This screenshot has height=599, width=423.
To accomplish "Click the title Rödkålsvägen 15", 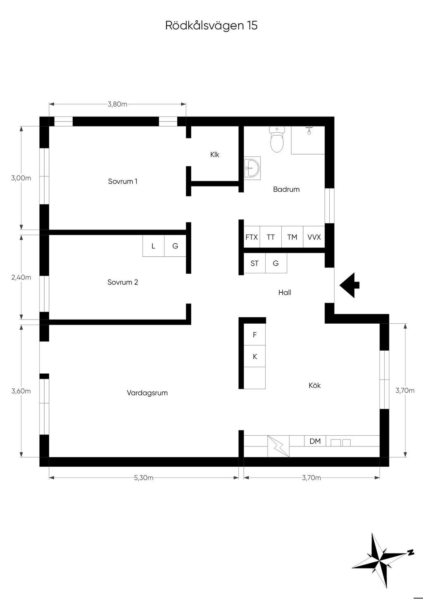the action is [211, 26].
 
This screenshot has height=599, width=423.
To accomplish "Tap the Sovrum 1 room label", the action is [123, 181].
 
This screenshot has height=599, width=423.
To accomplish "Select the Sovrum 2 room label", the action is [123, 282].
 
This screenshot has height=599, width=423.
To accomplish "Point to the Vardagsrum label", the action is [147, 393].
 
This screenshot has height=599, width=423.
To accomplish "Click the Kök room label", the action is [314, 385].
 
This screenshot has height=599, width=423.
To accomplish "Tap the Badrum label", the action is [286, 189].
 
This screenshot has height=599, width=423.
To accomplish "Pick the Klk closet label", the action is [214, 155].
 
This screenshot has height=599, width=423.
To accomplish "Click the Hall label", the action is [285, 293].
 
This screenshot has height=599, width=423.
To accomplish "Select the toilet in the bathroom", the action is [277, 139].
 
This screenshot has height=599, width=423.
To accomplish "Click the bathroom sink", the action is [252, 168].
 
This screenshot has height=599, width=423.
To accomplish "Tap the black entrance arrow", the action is [349, 285].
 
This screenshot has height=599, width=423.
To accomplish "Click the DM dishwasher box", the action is [315, 441].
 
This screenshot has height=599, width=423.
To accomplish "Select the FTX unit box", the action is [252, 236].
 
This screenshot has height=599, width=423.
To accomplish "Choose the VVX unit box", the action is [314, 236].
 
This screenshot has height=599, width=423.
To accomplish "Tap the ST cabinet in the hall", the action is [254, 263].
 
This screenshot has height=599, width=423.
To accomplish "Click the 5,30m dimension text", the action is [144, 477].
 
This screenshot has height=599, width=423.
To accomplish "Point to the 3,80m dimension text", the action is [117, 104].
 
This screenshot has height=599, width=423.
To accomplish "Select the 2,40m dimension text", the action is [21, 277].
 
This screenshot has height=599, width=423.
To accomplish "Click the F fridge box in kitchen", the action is [254, 334].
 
